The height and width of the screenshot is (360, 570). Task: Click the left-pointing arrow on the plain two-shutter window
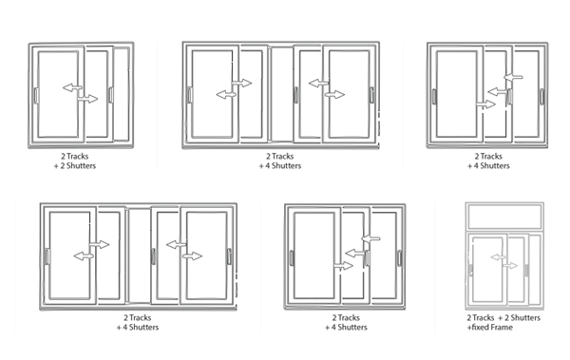pyautogui.click(x=72, y=87)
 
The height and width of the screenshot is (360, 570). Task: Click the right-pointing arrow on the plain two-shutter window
pyautogui.click(x=87, y=99)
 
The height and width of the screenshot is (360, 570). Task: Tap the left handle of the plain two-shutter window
pyautogui.click(x=36, y=95)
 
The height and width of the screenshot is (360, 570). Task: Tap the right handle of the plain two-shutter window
pyautogui.click(x=111, y=95)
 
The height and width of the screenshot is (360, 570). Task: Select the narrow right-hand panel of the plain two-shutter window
pyautogui.click(x=122, y=94)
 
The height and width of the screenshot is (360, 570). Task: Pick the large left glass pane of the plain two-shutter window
pyautogui.click(x=58, y=94)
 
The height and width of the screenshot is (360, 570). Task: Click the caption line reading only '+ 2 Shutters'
pyautogui.click(x=75, y=166)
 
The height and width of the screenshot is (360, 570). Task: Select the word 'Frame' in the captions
pyautogui.click(x=502, y=328)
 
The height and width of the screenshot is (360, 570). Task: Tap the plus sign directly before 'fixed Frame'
pyautogui.click(x=469, y=328)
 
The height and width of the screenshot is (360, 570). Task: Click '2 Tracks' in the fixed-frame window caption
pyautogui.click(x=481, y=318)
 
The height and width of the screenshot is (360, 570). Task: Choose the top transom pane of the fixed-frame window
pyautogui.click(x=504, y=217)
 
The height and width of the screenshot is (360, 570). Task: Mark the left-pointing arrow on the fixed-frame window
pyautogui.click(x=498, y=257)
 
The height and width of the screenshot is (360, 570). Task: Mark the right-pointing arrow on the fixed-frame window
pyautogui.click(x=510, y=265)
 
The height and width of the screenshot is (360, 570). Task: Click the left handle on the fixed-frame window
pyautogui.click(x=471, y=270)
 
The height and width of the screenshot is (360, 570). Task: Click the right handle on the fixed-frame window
pyautogui.click(x=526, y=270)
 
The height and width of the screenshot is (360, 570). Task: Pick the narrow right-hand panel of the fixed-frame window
pyautogui.click(x=534, y=270)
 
